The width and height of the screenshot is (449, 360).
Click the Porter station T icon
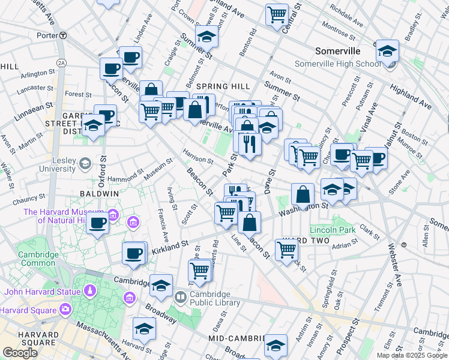tap(62, 35)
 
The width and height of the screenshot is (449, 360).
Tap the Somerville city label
tap(338, 51)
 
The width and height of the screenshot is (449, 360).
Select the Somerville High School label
tap(337, 64)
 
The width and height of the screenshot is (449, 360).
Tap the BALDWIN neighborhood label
tap(98, 194)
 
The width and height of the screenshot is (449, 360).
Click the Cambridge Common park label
tap(38, 258)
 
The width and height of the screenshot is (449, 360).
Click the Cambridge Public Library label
tap(215, 298)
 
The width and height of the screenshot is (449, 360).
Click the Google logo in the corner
tap(20, 353)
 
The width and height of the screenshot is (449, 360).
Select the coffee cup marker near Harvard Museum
tap(97, 223)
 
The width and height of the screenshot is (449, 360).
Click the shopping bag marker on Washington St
tap(304, 194)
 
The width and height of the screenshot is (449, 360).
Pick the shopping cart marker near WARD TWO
tap(287, 249)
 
